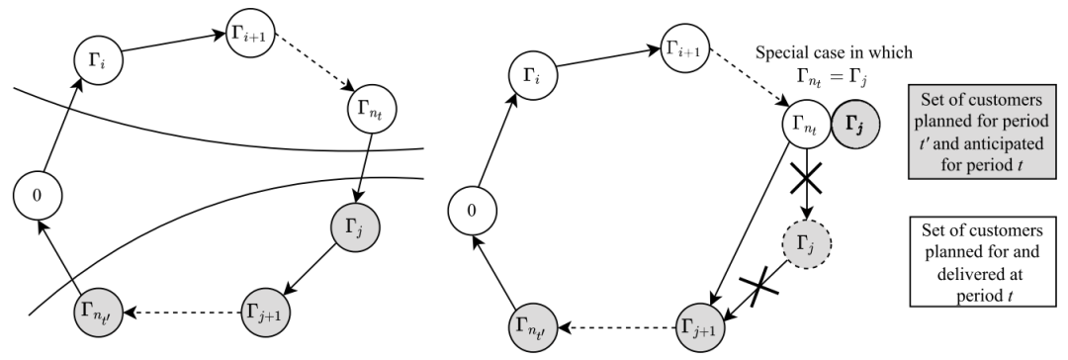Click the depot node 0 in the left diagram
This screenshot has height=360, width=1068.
[x=38, y=195]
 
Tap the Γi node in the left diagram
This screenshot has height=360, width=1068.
[x=98, y=60]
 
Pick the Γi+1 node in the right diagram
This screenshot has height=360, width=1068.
[x=686, y=47]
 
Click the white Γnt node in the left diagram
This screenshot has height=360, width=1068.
[x=372, y=108]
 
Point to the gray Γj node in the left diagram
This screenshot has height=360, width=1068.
[x=354, y=226]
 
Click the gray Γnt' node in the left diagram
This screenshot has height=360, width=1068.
[x=98, y=313]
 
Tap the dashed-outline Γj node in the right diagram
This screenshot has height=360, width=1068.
[x=807, y=242]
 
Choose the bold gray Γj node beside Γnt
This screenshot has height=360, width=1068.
[x=855, y=124]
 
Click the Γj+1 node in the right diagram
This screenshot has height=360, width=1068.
[x=701, y=327]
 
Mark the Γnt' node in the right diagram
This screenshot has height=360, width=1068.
[x=533, y=327]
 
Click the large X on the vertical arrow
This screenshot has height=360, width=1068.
[x=807, y=180]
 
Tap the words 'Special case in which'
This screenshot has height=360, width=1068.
[x=834, y=52]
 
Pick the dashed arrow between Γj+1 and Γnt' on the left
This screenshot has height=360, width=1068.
[x=183, y=313]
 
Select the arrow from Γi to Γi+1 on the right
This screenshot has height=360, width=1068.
[x=609, y=57]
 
